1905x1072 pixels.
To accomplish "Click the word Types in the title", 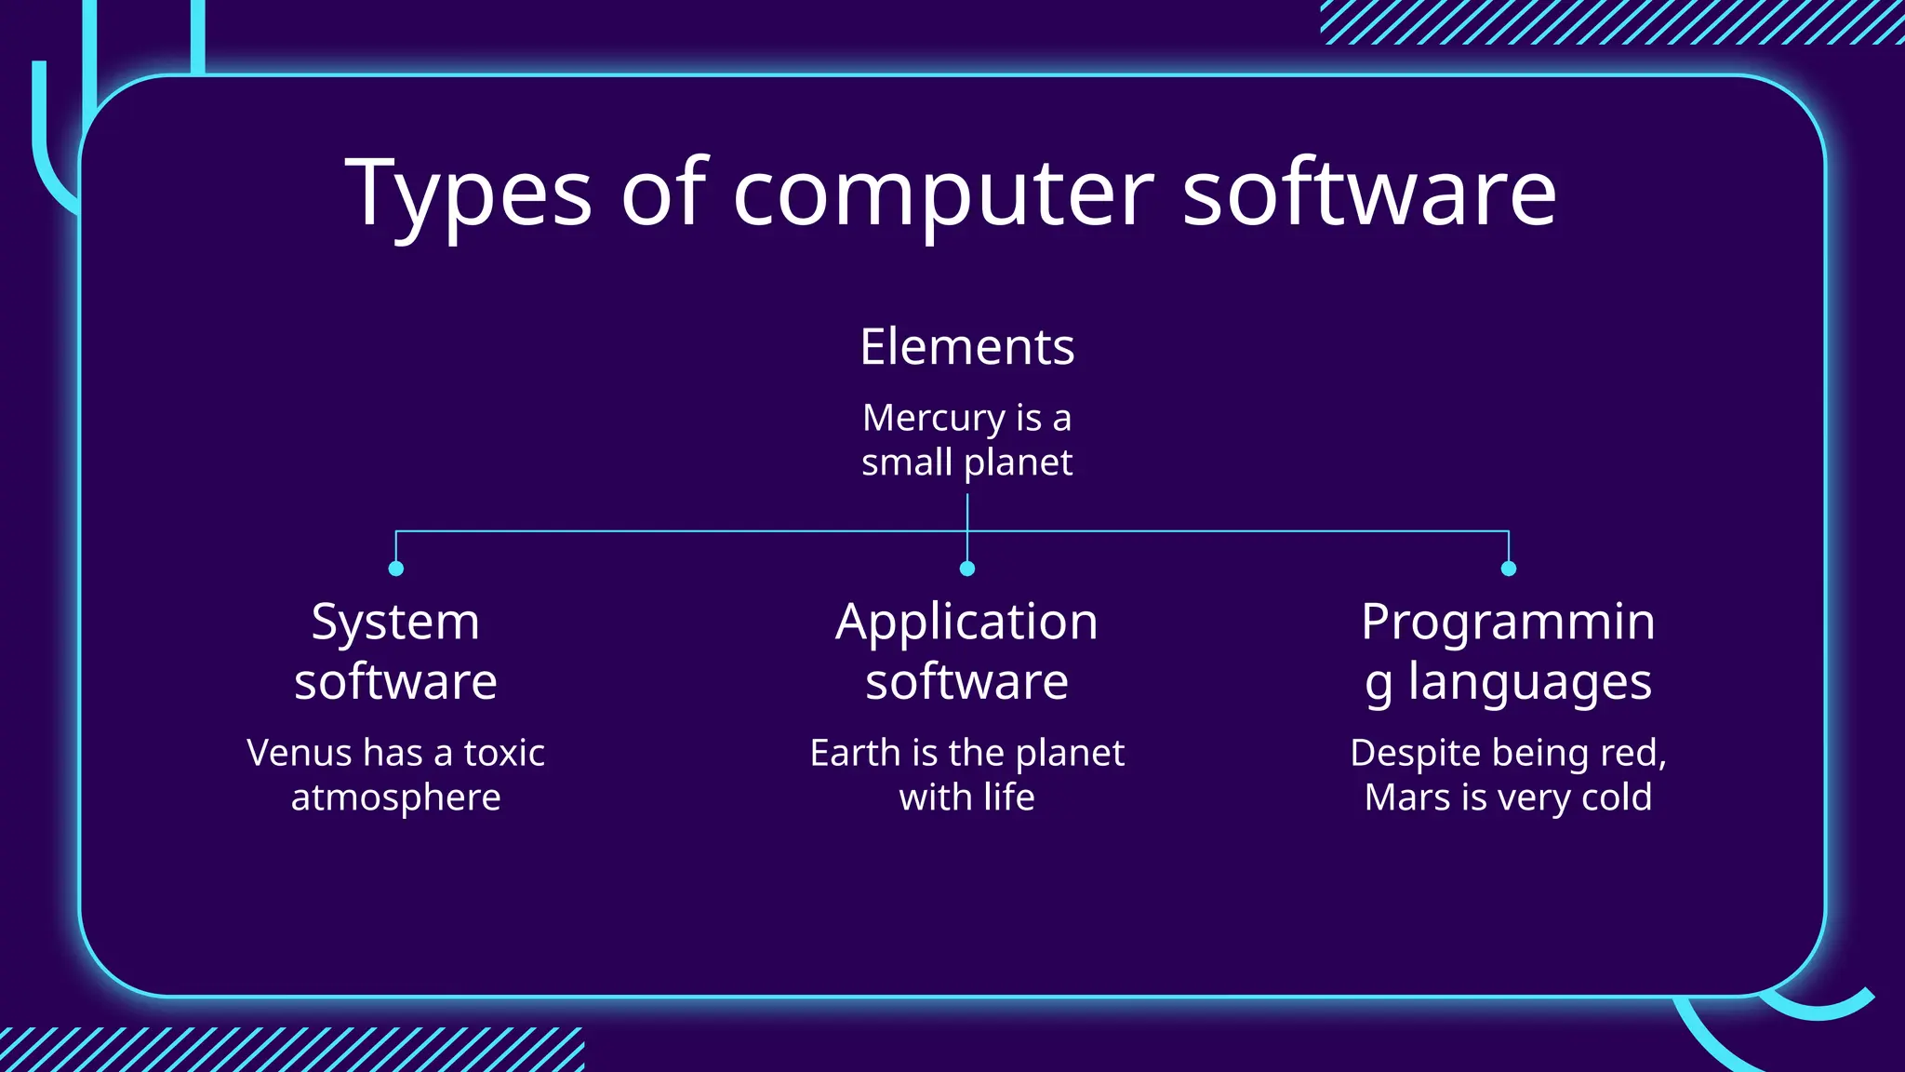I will coord(468,194).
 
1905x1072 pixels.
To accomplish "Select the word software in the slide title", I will coord(1369,194).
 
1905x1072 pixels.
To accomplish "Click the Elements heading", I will coord(966,347).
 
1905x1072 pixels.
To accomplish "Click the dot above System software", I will coord(396,569).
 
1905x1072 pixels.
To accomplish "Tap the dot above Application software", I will coord(967,569).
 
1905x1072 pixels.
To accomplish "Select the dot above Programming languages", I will coord(1509,569).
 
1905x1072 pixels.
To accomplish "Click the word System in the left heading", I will coord(395,622).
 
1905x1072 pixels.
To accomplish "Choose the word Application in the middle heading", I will coord(966,622).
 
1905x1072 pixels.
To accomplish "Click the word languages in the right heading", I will coord(1529,682).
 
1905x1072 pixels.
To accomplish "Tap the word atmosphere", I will coord(395,797).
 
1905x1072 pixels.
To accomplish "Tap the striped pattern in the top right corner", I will coord(1609,21).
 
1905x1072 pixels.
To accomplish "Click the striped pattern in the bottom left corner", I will coord(288,1050).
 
